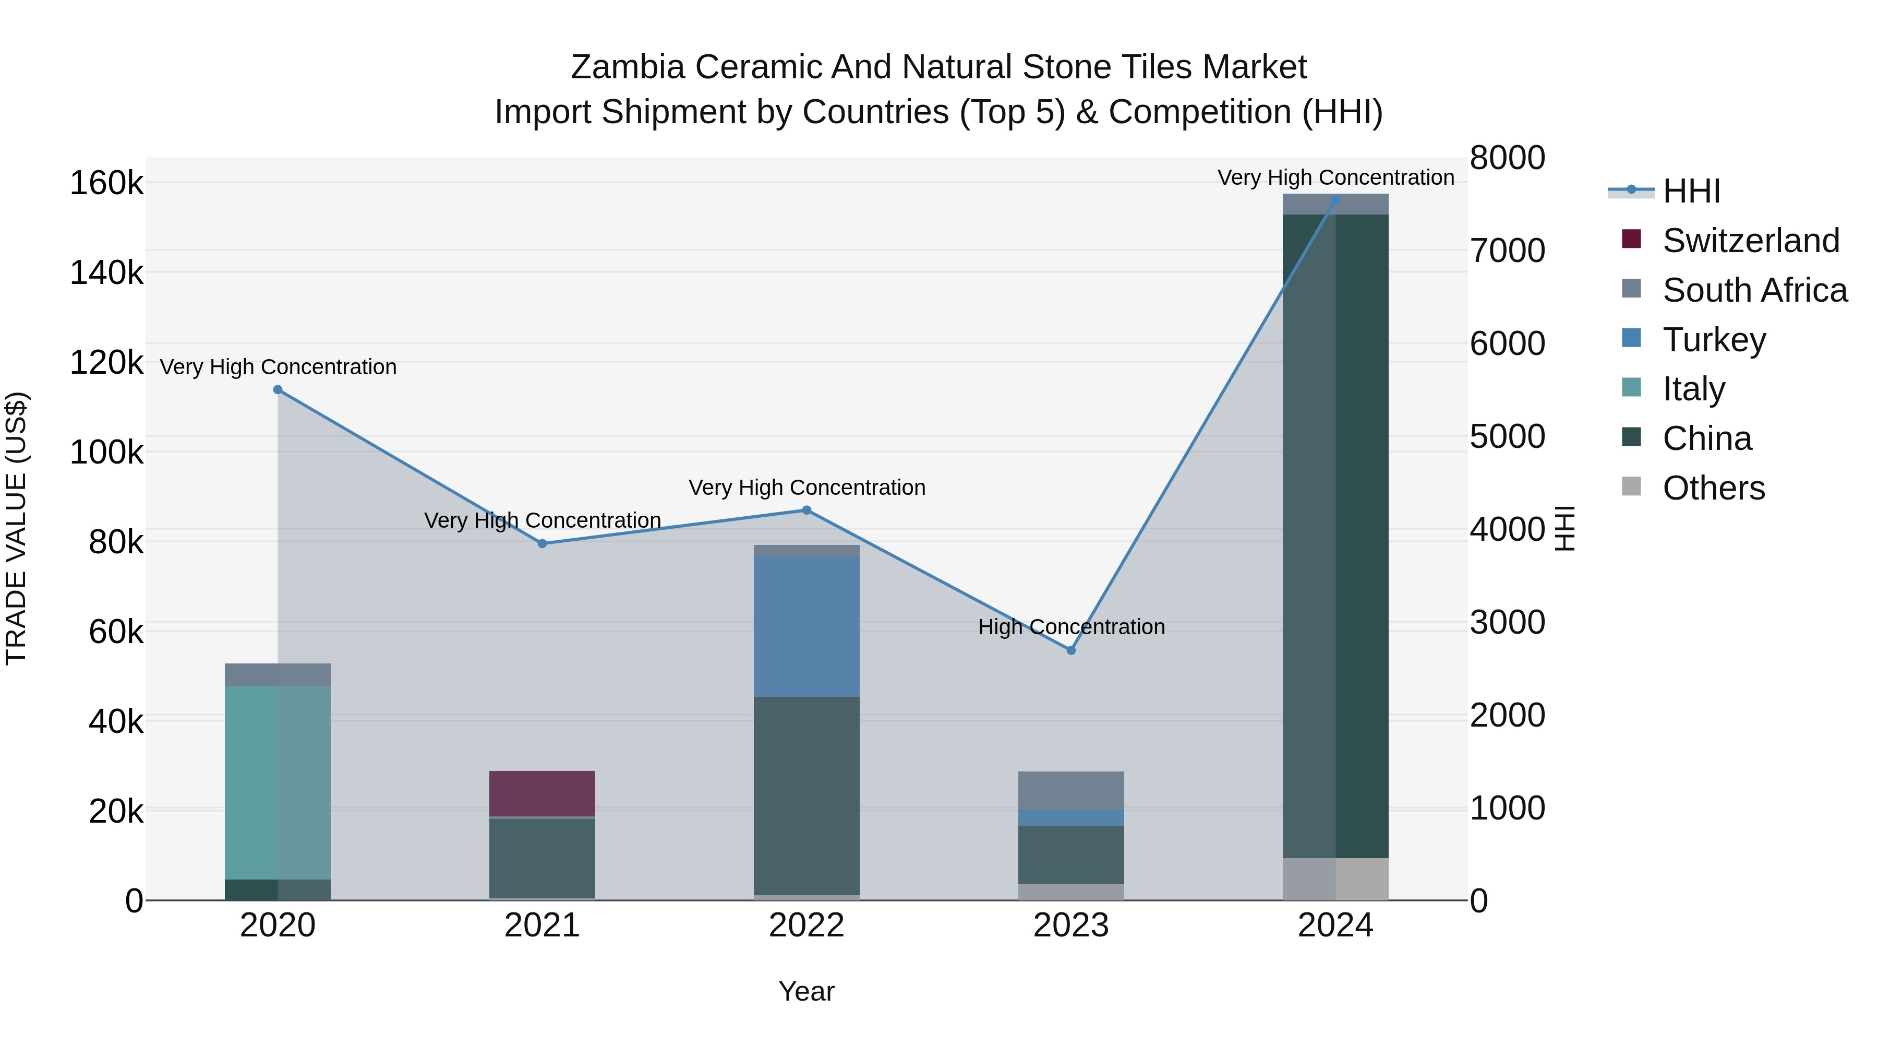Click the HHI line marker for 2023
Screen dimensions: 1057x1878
(x=1071, y=650)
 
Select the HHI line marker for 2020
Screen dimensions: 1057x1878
(x=278, y=389)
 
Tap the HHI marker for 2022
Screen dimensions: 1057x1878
(x=806, y=510)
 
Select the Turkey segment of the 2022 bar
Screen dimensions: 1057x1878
(x=806, y=626)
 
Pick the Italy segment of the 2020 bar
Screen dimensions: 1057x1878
(x=278, y=782)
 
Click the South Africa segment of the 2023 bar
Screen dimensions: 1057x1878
(x=1071, y=790)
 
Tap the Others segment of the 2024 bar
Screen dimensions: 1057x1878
(x=1335, y=879)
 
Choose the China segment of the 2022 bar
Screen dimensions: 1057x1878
(x=806, y=795)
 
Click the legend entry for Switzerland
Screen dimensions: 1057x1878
(x=1750, y=241)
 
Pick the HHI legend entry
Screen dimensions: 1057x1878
(x=1691, y=191)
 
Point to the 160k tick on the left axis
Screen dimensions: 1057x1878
(x=106, y=183)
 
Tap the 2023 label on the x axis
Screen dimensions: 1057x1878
(x=1071, y=925)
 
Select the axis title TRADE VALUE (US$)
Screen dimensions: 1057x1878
(x=16, y=528)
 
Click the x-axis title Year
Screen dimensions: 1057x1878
(x=806, y=991)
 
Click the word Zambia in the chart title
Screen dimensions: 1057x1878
(x=627, y=67)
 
